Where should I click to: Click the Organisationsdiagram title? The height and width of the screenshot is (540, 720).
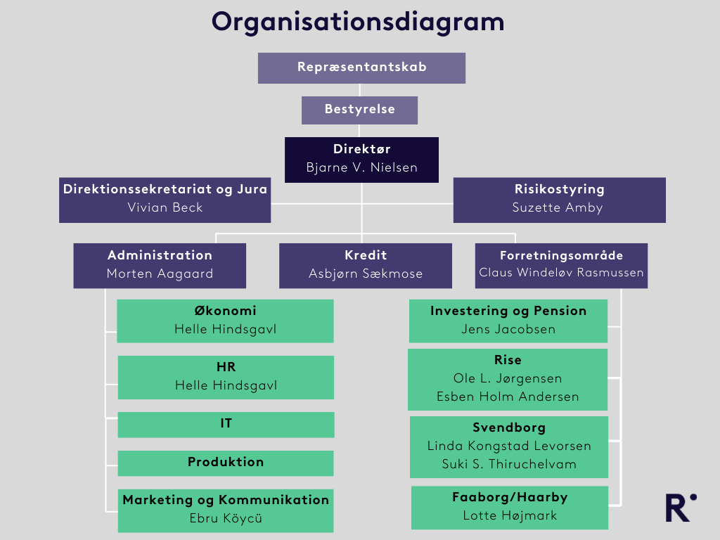[x=359, y=22]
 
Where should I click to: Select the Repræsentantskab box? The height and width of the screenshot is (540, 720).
[x=361, y=67]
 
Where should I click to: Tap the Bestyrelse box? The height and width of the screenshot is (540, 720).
[x=359, y=110]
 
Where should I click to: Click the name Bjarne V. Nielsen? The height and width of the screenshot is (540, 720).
[x=361, y=167]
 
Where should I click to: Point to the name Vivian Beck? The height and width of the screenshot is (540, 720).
[x=165, y=207]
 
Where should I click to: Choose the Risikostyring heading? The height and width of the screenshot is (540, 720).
[x=559, y=189]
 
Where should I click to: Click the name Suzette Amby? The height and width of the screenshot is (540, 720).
[x=559, y=207]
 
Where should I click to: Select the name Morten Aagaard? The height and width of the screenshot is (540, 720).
[x=160, y=274]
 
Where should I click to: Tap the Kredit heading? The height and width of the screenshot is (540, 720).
[x=366, y=255]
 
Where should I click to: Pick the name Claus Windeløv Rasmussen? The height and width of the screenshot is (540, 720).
[x=561, y=272]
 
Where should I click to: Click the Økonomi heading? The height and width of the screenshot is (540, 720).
[x=225, y=311]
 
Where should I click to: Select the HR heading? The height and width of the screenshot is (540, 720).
[x=226, y=367]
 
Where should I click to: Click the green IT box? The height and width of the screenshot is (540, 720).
[x=226, y=424]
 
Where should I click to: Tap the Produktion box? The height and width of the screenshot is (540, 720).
[x=226, y=463]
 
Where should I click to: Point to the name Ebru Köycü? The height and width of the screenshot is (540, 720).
[x=226, y=519]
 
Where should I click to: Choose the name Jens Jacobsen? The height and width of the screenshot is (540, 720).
[x=508, y=329]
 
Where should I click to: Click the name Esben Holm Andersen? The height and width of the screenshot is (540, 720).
[x=508, y=397]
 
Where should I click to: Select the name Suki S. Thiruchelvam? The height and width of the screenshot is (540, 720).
[x=509, y=464]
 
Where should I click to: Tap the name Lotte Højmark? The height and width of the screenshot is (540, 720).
[x=510, y=515]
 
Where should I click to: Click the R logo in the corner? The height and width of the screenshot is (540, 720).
[x=681, y=508]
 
